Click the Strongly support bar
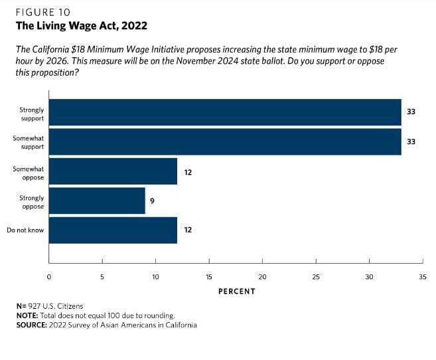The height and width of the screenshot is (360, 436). click(225, 112)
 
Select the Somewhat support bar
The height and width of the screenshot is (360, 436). click(225, 141)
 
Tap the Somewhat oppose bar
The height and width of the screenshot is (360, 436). click(113, 171)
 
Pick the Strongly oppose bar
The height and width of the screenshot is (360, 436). click(97, 201)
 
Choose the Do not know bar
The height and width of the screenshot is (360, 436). click(113, 230)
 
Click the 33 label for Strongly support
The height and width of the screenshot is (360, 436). click(411, 112)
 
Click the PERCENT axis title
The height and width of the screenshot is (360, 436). click(236, 291)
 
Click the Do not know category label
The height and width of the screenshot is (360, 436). click(25, 230)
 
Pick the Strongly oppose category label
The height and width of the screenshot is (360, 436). click(31, 202)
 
